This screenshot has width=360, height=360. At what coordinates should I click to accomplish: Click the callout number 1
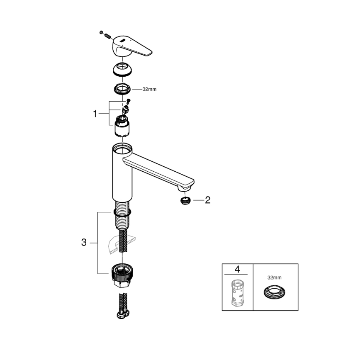pos(95,113)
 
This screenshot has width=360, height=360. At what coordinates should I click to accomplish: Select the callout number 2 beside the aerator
pos(208,200)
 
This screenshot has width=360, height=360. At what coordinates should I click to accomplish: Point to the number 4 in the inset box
pos(237,269)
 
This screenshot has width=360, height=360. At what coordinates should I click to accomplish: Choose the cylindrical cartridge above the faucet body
pos(122,126)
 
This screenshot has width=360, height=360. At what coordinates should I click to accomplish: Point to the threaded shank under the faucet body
pos(122,216)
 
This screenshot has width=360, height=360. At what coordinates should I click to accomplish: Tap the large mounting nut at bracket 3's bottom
pos(122,274)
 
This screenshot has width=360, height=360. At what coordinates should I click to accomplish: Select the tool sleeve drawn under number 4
pos(237,293)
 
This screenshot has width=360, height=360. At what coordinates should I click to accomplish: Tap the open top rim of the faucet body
pos(122,148)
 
